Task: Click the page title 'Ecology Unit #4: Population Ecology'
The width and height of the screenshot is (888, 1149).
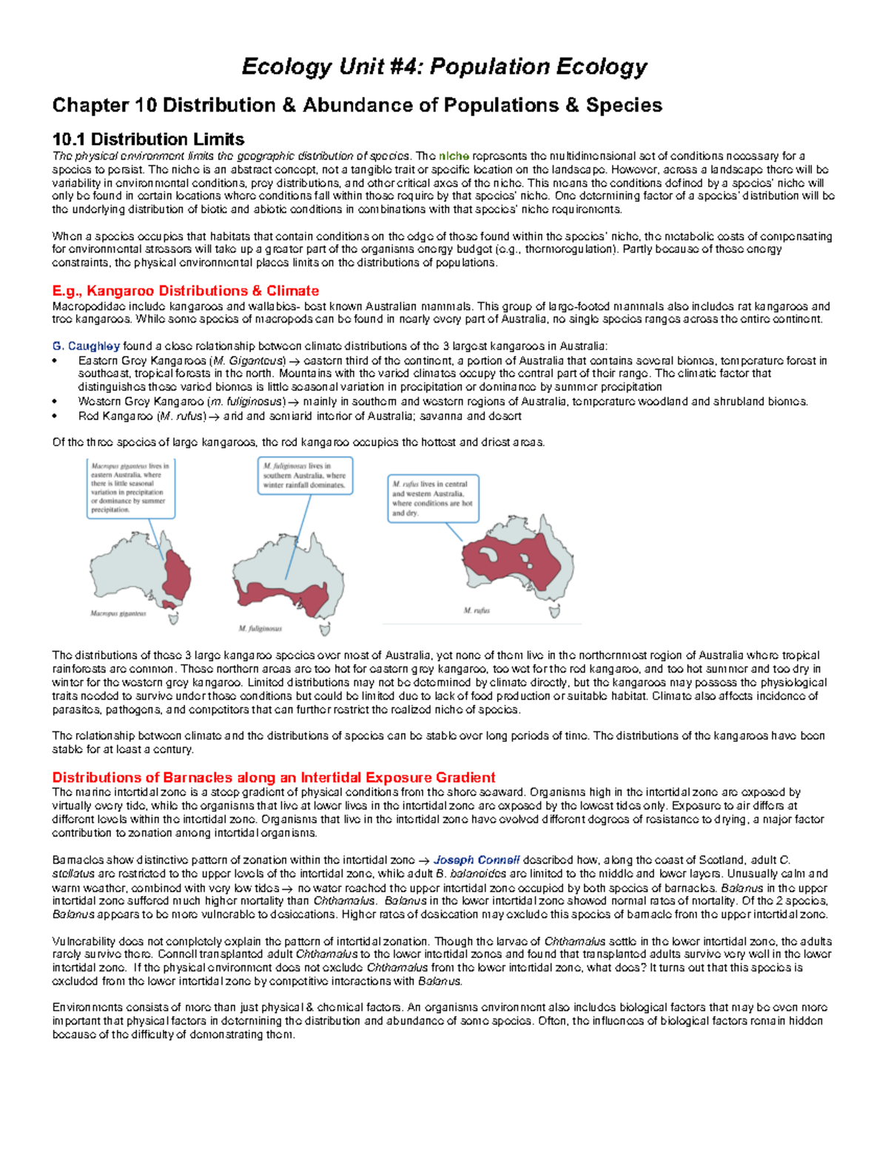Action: click(x=444, y=67)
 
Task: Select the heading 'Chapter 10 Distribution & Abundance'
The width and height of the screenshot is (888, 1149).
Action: click(x=357, y=105)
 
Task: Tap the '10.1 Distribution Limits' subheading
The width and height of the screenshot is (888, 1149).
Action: click(x=148, y=139)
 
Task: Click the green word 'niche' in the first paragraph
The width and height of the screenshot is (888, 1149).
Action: click(x=454, y=156)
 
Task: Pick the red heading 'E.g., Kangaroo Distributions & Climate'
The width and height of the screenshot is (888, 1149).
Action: click(x=185, y=291)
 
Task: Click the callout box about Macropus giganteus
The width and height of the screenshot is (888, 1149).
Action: click(x=130, y=488)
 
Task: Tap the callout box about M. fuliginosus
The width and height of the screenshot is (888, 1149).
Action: click(x=305, y=476)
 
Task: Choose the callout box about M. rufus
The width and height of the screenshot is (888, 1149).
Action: click(x=433, y=497)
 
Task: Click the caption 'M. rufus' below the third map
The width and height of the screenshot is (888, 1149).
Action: click(x=477, y=610)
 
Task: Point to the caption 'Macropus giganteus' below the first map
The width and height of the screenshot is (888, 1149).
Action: click(x=118, y=613)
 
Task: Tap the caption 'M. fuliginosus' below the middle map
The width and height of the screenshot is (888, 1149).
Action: click(x=260, y=628)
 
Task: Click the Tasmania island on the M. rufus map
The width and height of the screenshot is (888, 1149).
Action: click(x=552, y=611)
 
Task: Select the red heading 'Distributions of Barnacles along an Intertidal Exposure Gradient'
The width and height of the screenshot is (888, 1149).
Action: click(x=273, y=778)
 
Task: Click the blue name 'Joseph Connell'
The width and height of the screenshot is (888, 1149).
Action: click(x=477, y=860)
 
